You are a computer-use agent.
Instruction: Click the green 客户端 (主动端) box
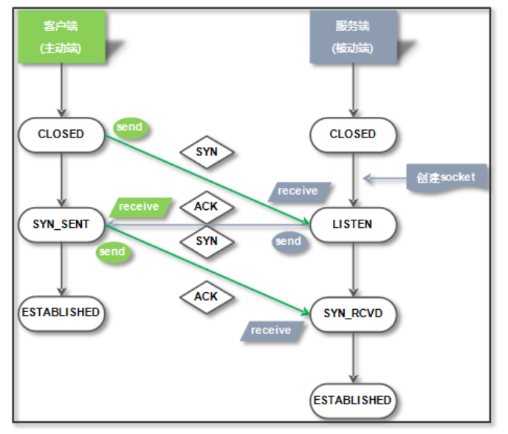pos(61,36)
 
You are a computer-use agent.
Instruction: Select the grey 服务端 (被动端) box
pos(352,36)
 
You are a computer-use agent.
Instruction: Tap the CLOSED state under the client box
pos(61,135)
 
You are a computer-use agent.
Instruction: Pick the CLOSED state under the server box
pos(352,135)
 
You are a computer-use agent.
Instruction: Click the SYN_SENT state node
pos(61,224)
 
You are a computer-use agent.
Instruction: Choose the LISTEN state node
pos(352,224)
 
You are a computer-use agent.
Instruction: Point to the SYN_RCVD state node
pos(352,313)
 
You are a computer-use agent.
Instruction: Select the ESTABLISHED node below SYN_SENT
pos(61,312)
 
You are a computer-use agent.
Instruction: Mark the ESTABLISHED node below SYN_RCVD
pos(352,400)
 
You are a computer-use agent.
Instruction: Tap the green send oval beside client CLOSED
pos(129,127)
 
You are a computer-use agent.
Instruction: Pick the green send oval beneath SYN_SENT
pos(112,252)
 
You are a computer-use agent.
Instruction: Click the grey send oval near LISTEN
pos(288,241)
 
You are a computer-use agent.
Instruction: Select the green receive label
pos(140,207)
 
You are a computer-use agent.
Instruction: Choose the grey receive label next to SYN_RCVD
pos(271,330)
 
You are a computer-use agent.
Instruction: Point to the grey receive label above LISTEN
pos(298,191)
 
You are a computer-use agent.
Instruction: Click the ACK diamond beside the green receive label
pos(206,207)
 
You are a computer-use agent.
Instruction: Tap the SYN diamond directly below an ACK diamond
pos(207,241)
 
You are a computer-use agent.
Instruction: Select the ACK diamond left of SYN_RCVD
pos(206,296)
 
